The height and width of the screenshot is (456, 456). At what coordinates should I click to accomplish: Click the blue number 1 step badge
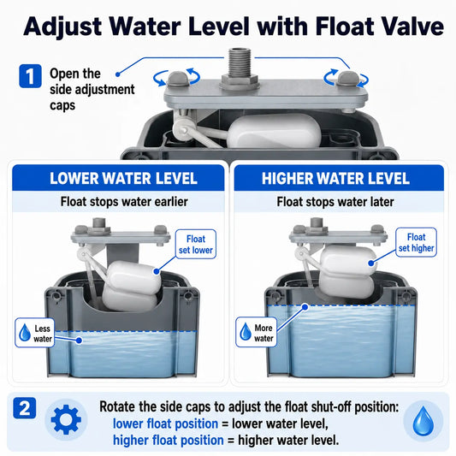(30, 76)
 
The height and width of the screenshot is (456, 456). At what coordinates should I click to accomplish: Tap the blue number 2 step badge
(25, 408)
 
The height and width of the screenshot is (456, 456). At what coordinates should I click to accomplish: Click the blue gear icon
(66, 419)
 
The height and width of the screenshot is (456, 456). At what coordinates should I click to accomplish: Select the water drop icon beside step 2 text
(423, 421)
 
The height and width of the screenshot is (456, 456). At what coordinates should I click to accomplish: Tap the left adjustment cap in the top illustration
(177, 79)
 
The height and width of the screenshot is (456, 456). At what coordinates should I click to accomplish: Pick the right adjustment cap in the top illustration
(348, 78)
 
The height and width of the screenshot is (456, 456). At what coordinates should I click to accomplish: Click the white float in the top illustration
(274, 131)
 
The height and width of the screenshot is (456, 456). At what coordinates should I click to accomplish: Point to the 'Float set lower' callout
(196, 245)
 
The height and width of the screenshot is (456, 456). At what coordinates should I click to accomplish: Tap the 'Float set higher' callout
(416, 242)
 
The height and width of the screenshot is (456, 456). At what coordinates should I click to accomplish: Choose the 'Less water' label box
(35, 333)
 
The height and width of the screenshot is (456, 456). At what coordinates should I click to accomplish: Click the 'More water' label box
(256, 332)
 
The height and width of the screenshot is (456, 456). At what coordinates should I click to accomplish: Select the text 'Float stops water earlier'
(124, 202)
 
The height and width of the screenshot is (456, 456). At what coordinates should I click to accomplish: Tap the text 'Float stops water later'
(335, 202)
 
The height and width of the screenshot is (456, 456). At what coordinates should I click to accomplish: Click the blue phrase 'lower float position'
(165, 423)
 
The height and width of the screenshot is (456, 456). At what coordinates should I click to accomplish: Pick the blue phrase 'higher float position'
(168, 441)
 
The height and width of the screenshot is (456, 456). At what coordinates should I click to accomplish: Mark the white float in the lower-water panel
(132, 286)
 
